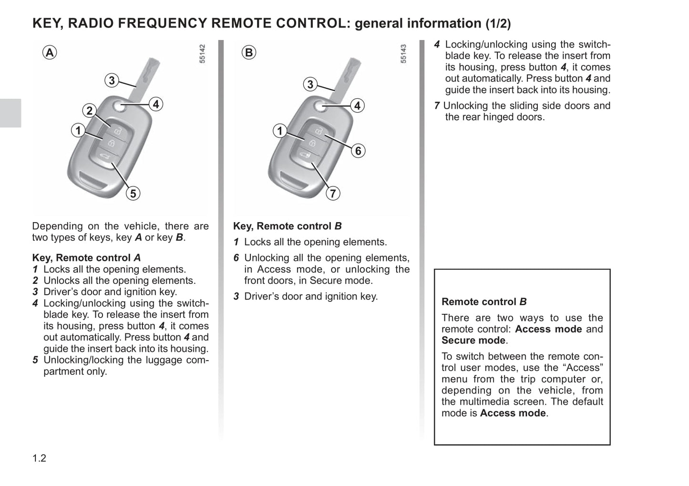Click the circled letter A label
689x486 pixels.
(50, 52)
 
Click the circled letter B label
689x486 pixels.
(248, 52)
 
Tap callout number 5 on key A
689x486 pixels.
(133, 193)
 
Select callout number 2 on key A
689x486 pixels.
(89, 111)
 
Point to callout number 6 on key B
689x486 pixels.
(358, 151)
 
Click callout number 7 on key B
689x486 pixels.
(333, 193)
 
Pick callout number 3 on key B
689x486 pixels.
(310, 84)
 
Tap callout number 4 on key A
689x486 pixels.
(156, 104)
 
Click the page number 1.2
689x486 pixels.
(39, 458)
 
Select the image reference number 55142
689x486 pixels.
(202, 53)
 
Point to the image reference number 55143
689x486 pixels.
(403, 53)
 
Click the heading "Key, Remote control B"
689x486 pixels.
(287, 226)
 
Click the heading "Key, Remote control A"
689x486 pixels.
(86, 258)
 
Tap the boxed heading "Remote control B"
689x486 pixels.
(484, 301)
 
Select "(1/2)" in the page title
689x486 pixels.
(498, 23)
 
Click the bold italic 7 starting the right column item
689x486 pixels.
(437, 105)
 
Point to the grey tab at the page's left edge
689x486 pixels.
(10, 113)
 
